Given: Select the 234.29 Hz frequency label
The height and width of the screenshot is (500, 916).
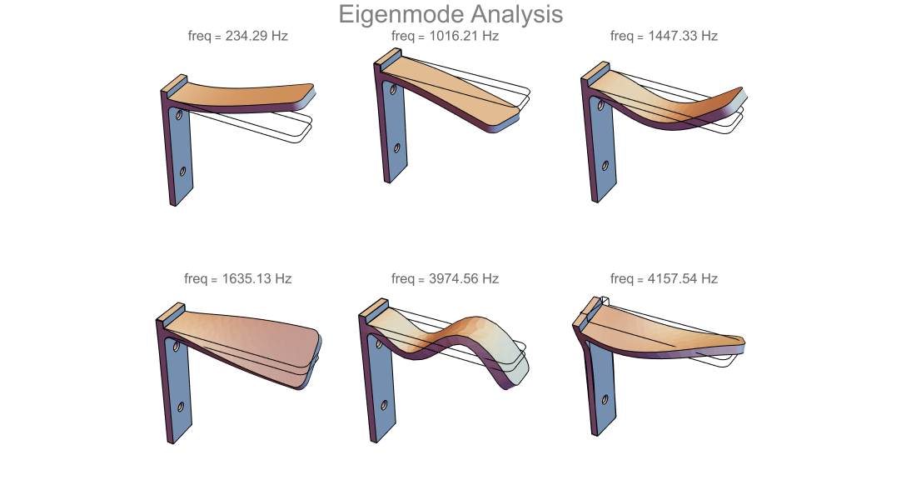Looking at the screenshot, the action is [238, 37].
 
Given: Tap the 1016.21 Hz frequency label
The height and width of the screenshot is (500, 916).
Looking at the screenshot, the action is [446, 37].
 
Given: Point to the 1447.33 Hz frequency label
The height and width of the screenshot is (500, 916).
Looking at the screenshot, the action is [665, 37].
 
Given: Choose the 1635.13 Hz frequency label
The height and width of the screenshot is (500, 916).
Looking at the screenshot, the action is [238, 279].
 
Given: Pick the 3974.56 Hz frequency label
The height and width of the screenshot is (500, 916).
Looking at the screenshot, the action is [446, 279].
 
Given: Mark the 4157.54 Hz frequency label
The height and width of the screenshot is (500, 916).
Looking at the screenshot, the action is [665, 279].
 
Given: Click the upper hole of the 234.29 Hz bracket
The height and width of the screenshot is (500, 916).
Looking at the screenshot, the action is [179, 115].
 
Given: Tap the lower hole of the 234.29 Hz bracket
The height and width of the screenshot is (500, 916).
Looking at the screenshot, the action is [183, 172].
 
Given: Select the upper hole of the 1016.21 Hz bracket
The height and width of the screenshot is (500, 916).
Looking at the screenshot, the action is [393, 90].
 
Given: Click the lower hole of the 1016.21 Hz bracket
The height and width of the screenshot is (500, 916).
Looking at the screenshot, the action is [397, 148].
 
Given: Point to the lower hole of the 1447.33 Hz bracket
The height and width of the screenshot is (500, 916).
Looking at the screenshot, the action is [605, 166].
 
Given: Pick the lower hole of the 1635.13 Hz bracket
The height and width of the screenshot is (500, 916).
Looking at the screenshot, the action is [181, 407].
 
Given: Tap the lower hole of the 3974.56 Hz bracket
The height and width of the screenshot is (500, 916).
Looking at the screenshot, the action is [385, 405].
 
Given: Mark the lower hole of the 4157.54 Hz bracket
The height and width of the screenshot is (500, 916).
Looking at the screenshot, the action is [605, 400].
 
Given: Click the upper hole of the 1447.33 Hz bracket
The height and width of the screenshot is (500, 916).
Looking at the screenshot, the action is [600, 106].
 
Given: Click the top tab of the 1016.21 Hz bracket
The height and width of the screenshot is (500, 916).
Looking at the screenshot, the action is [388, 57].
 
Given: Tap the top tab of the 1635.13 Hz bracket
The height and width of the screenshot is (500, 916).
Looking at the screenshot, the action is [172, 312].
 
